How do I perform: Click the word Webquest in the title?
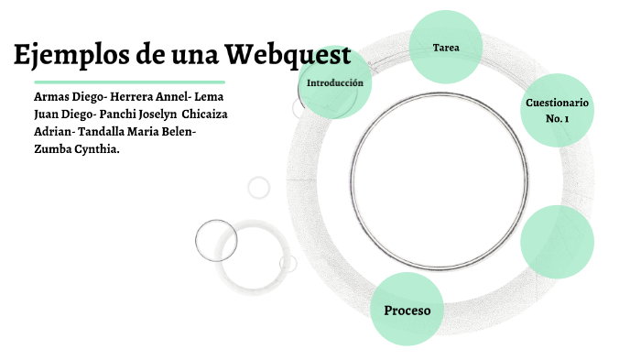288,56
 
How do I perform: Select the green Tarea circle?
446,47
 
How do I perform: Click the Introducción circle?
335,83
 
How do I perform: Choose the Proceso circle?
407,310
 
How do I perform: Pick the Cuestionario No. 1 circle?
557,110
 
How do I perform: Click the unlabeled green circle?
557,242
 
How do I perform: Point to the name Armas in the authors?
50,96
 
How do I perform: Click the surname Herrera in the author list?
136,96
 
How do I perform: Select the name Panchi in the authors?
119,115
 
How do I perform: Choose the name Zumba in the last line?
49,149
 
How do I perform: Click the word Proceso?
407,311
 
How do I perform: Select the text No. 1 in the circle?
557,119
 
